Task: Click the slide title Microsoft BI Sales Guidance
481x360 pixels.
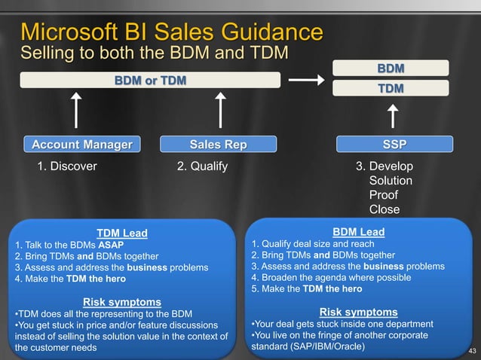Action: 173,32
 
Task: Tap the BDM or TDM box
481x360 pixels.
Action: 150,80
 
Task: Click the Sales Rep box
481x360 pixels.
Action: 218,144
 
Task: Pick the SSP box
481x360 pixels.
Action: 393,144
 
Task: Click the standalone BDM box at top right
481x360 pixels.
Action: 391,69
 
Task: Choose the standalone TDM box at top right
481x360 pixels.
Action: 391,89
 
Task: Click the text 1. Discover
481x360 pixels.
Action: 67,166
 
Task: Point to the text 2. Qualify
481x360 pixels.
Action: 202,166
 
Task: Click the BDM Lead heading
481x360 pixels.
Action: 359,232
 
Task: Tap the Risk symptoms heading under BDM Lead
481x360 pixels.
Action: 358,312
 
